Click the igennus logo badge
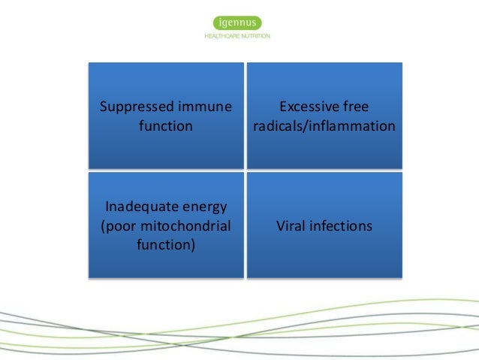point(236,22)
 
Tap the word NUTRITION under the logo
point(255,36)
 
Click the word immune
point(202,106)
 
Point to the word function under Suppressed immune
point(165,126)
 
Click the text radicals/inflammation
point(324,126)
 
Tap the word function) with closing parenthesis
point(165,245)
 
